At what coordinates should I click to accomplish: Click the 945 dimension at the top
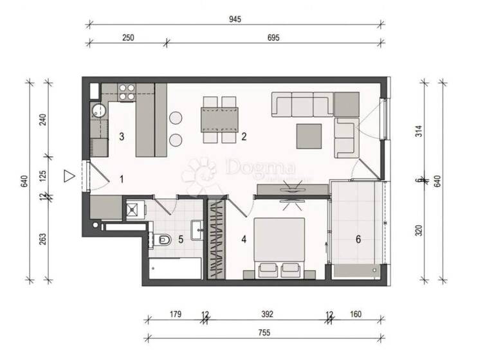pos(234,19)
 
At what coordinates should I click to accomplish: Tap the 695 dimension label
pos(273,38)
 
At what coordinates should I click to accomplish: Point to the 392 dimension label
pos(268,314)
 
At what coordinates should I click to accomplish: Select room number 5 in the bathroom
pos(181,240)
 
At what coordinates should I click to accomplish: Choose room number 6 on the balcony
pos(358,240)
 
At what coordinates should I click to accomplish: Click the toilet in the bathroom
pos(163,240)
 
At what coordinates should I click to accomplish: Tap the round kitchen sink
pos(98,109)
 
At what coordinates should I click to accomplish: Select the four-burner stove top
pos(126,92)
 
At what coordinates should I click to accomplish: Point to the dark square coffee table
pos(309,135)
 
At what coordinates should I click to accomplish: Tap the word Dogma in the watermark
pos(261,168)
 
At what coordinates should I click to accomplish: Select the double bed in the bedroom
pos(280,248)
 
